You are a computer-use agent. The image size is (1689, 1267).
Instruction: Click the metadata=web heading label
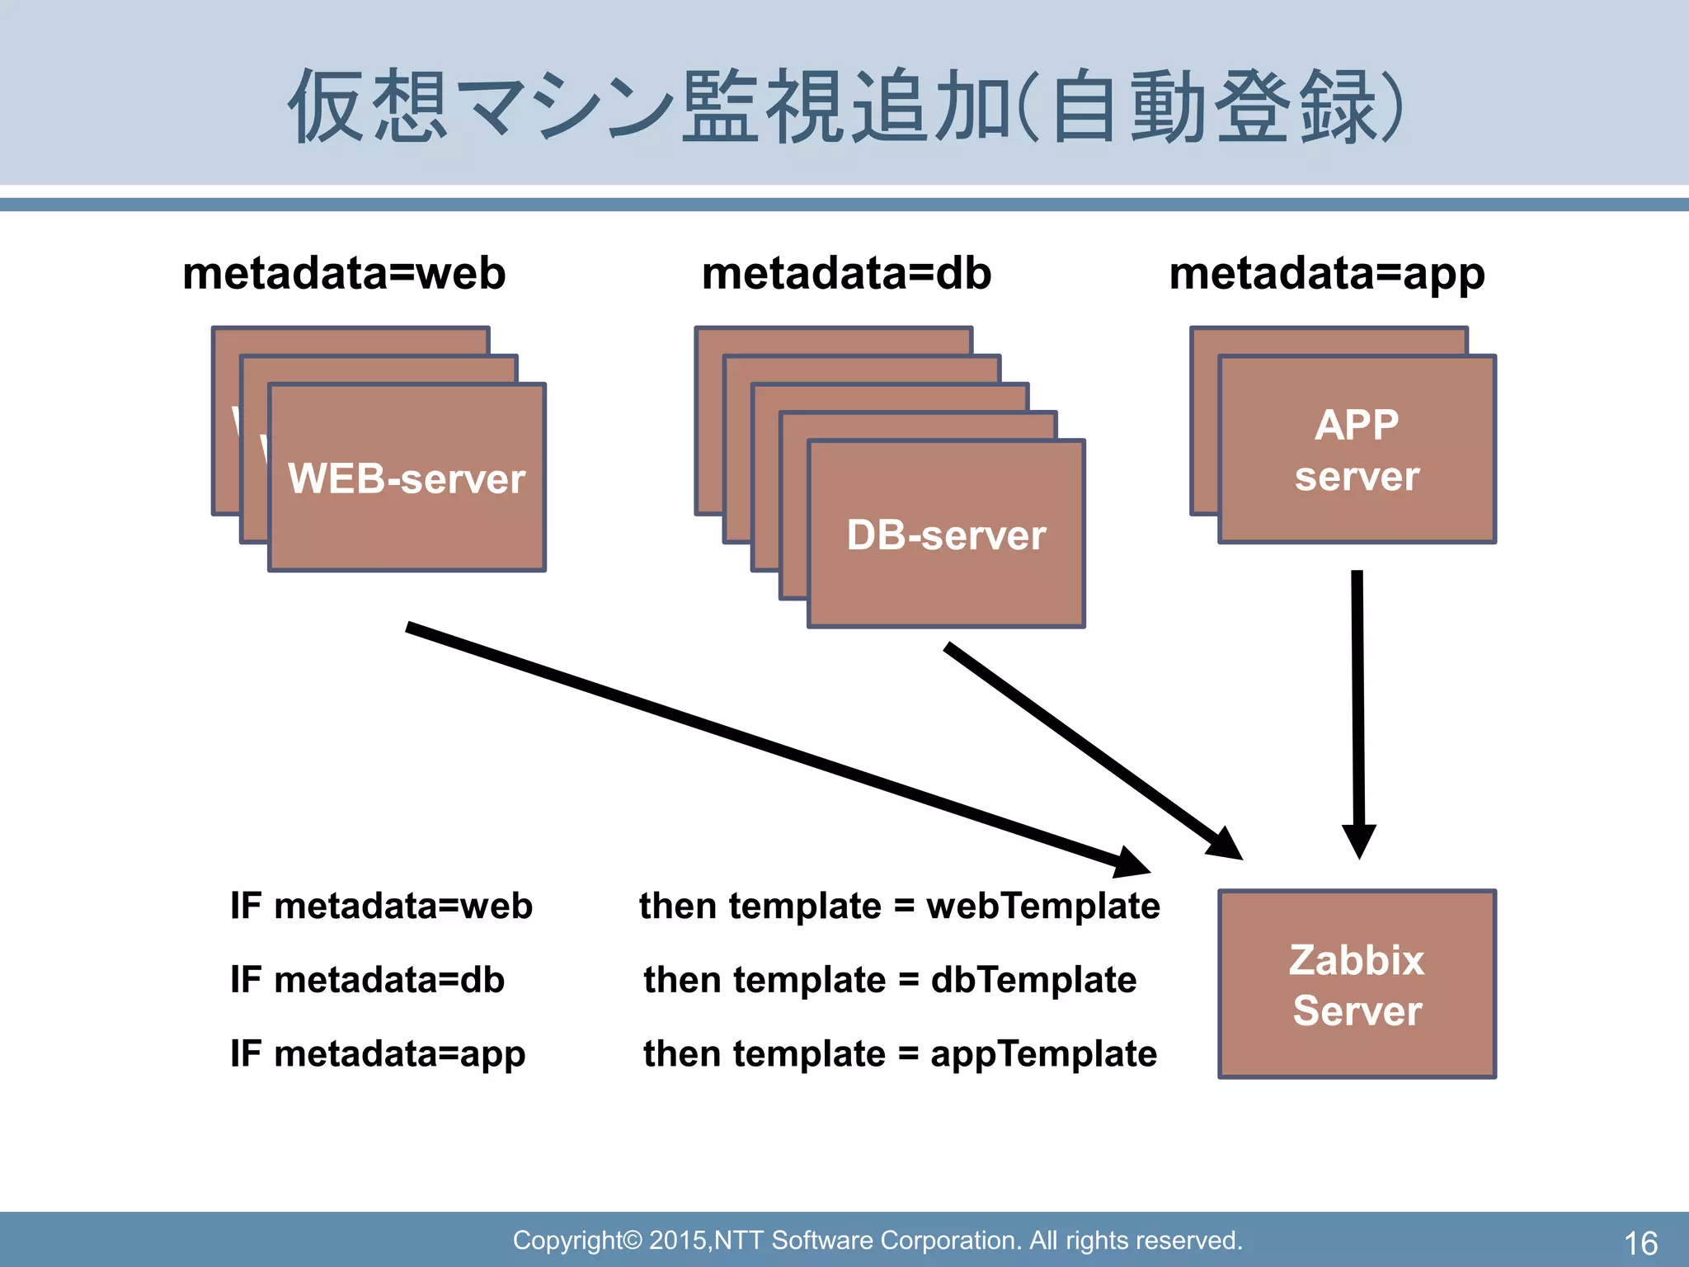344,273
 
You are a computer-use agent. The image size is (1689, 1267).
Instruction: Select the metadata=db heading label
846,273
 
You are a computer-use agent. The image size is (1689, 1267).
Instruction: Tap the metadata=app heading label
1327,273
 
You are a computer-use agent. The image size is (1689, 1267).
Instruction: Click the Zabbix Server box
1357,984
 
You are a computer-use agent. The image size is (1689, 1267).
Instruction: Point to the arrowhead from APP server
1359,841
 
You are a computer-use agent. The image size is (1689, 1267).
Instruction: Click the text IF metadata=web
381,906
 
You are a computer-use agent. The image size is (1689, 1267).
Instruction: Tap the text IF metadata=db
367,980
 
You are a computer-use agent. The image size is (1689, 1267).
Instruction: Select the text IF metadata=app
378,1054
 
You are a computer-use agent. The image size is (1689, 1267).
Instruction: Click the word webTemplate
1042,906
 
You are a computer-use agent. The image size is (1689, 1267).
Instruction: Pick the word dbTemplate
1033,980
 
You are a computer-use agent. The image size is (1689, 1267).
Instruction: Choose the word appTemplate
1043,1054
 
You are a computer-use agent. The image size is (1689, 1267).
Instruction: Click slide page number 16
1640,1242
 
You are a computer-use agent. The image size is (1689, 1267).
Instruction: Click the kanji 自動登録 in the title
1208,107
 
